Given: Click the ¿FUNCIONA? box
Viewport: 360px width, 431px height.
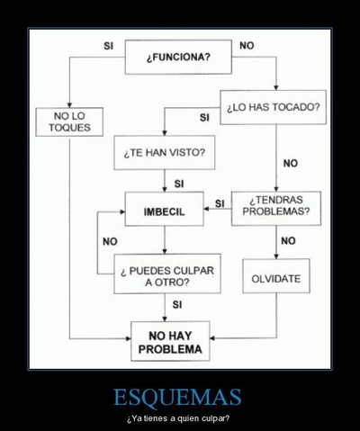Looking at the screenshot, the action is click(x=178, y=57).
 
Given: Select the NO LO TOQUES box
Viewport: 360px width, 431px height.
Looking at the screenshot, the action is click(x=69, y=121).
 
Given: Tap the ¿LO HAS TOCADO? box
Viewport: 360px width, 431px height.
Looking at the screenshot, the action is click(x=274, y=107).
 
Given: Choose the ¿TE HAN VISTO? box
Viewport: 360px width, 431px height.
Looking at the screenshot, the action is click(x=165, y=153).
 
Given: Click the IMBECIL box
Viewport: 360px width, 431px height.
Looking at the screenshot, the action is click(x=165, y=209).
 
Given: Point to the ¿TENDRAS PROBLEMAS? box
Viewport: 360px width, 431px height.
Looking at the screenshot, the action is click(x=276, y=209).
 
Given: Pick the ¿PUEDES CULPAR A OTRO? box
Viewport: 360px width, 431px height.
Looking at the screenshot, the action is click(x=167, y=274).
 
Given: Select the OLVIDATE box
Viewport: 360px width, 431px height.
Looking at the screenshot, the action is click(x=276, y=276).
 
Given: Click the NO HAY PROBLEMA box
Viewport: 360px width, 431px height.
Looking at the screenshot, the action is click(x=170, y=341).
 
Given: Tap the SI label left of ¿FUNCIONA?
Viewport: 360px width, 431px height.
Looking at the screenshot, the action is click(x=108, y=46).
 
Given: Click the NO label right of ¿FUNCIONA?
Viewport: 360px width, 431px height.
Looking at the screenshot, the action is click(x=247, y=46).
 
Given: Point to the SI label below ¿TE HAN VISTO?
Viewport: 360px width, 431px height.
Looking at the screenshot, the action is click(x=179, y=184).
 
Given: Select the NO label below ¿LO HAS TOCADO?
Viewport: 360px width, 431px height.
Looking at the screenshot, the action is click(x=291, y=164).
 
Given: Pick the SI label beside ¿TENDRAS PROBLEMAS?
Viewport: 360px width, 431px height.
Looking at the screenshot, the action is click(x=220, y=203).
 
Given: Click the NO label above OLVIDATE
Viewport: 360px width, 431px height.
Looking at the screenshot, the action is click(x=288, y=240).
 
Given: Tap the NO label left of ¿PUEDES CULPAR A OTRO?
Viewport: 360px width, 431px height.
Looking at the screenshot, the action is click(x=110, y=241).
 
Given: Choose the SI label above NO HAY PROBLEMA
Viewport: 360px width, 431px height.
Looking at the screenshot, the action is click(x=177, y=305).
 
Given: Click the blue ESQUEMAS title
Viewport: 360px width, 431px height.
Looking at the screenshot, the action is click(x=177, y=397).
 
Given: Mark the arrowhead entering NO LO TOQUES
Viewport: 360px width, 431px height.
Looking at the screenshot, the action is click(x=69, y=105).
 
